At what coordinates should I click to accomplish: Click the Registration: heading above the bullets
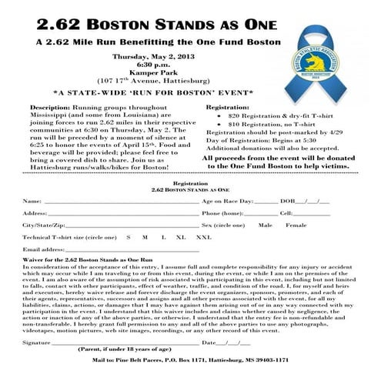(x=227, y=107)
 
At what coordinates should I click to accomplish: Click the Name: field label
(x=32, y=200)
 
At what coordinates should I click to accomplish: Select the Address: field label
(x=35, y=212)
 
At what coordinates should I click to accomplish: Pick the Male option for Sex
(x=265, y=225)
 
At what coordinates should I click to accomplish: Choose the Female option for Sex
(x=296, y=225)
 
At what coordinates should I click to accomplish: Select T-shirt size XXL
(x=203, y=237)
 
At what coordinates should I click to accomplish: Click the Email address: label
(x=42, y=249)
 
